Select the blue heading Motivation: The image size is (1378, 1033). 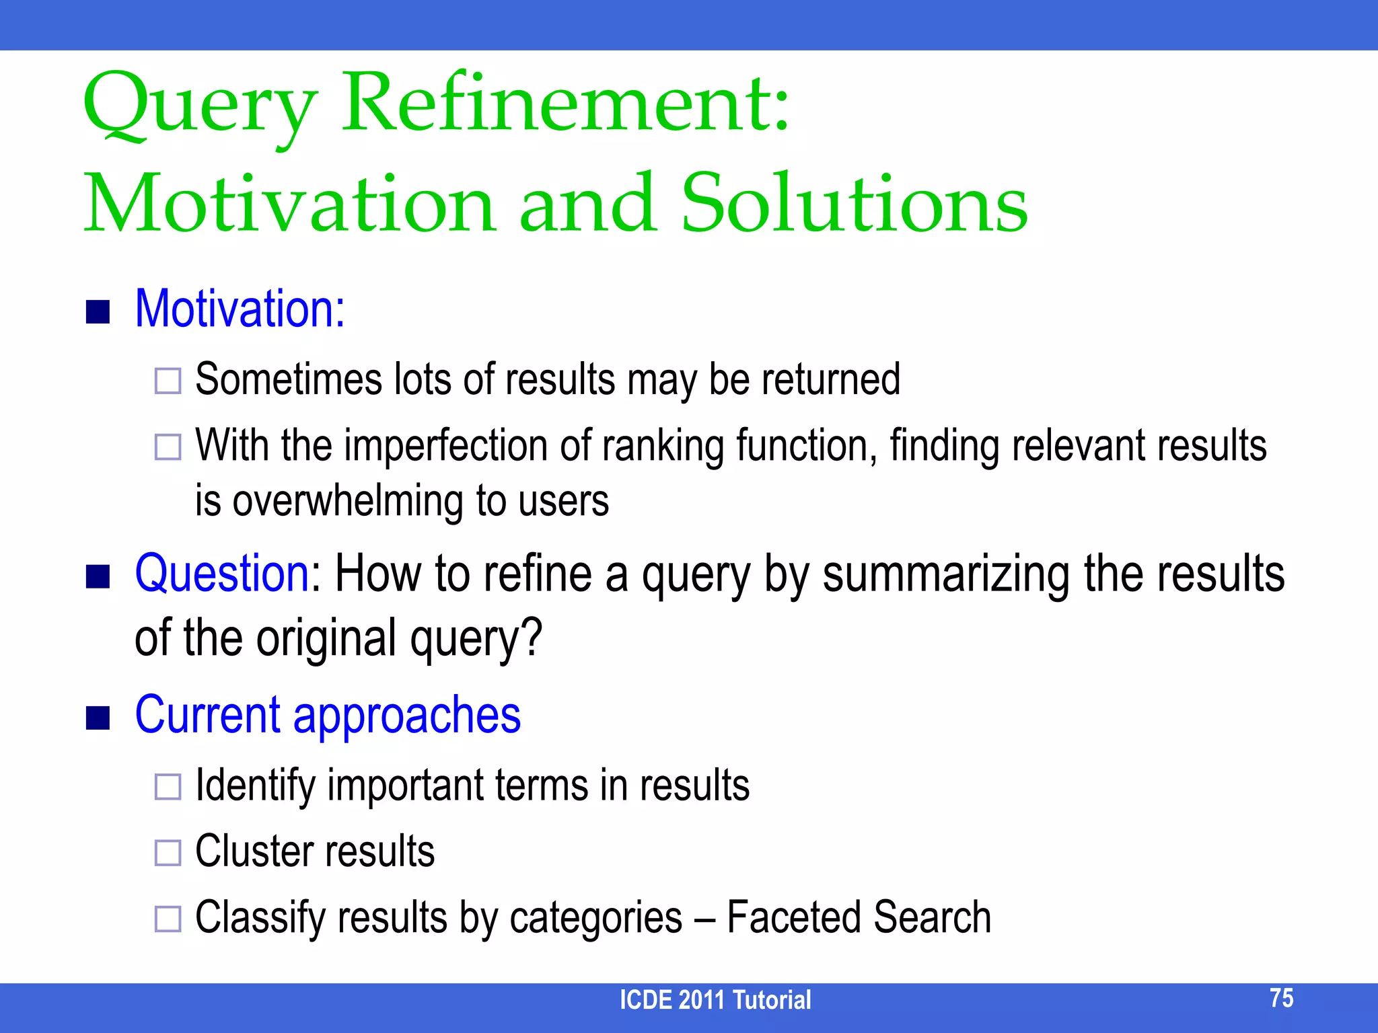coord(240,309)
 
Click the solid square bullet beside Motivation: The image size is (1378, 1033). coord(98,311)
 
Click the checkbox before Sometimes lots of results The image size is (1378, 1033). coord(168,381)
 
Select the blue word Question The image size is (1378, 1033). coord(222,573)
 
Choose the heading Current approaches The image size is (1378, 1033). coord(328,714)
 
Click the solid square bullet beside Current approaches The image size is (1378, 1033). coord(98,718)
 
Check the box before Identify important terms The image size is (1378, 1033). coord(168,786)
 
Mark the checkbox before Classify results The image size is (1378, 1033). coord(168,918)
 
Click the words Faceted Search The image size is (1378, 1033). coord(859,917)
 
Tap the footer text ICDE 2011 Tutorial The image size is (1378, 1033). coord(715,1000)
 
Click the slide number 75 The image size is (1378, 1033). coord(1281,998)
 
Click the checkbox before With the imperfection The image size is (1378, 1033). coord(168,447)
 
